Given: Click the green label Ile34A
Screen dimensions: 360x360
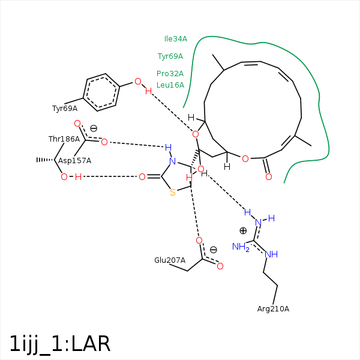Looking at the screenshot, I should tap(176, 39).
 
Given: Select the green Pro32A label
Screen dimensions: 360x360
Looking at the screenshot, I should tap(170, 74).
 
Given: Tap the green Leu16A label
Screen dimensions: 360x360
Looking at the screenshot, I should tap(170, 85).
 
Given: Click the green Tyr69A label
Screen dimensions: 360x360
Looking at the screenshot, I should tap(170, 56).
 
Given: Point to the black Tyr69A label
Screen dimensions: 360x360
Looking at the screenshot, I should tap(65, 109).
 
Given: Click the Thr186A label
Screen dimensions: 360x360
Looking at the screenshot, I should tap(64, 139).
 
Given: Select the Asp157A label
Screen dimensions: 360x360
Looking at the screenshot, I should tap(74, 161).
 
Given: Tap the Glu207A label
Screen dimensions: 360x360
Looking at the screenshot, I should tap(170, 260).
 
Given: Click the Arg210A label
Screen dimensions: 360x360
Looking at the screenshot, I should tap(273, 309).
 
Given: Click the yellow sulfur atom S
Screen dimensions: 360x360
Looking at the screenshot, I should tap(173, 193).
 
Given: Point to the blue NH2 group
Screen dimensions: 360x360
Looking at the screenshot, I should tap(241, 247).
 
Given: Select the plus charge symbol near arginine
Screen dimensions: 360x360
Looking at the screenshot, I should tap(243, 230).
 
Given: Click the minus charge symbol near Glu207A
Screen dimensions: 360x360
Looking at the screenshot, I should tap(213, 250).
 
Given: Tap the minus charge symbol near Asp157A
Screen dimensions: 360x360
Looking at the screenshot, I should tap(94, 128).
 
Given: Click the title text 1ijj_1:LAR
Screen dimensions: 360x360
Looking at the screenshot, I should tap(60, 344).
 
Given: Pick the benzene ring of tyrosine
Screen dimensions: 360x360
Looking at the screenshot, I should tap(101, 92).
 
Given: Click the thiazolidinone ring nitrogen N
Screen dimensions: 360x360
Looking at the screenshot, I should tap(172, 161).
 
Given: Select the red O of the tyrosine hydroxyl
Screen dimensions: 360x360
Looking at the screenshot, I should tap(137, 82).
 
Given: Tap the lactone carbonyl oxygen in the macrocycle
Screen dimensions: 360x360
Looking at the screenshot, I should tap(268, 177).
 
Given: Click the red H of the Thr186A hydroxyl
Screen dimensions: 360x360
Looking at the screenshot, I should tap(78, 176).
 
